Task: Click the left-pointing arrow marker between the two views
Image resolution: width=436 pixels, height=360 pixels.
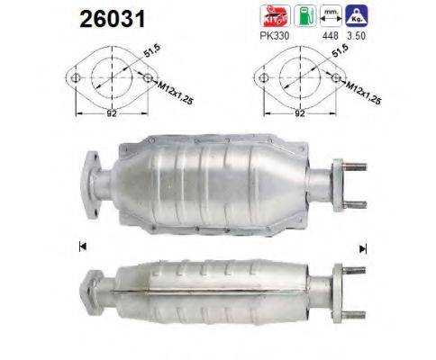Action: pyautogui.click(x=82, y=245)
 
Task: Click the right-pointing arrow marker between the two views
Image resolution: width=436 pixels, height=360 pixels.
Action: pyautogui.click(x=364, y=245)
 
